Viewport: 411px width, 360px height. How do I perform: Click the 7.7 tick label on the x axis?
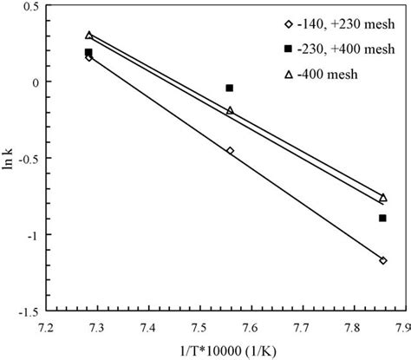tap(300, 328)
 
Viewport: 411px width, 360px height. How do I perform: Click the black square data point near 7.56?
tap(230, 88)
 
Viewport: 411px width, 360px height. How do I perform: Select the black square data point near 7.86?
tap(382, 218)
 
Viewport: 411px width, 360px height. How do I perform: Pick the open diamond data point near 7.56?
tap(230, 151)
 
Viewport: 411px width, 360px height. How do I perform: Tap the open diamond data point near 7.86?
tap(382, 260)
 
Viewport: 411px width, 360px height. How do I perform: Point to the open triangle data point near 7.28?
tap(88, 36)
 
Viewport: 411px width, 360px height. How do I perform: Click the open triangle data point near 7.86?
tap(382, 198)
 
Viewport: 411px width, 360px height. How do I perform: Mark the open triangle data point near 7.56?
tap(230, 110)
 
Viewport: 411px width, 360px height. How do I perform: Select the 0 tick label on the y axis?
tap(32, 82)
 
